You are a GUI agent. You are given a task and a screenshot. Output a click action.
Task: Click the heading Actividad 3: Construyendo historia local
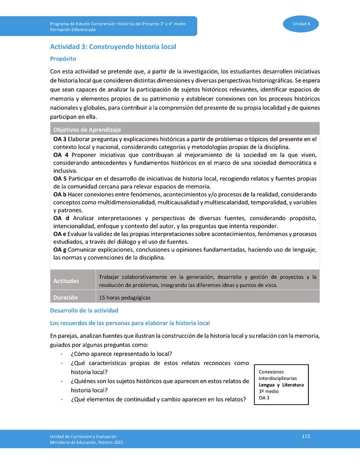click(x=113, y=46)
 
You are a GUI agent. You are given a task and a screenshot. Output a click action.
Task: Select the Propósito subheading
click(x=63, y=58)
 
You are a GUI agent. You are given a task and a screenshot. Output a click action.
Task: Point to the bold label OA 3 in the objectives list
click(x=59, y=138)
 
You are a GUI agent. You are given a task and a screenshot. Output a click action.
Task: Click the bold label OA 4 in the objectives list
click(x=60, y=155)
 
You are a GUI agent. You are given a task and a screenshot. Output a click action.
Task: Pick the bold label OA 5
click(x=59, y=178)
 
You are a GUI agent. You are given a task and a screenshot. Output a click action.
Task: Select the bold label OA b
click(x=59, y=194)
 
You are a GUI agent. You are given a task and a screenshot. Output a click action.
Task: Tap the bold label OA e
click(x=59, y=234)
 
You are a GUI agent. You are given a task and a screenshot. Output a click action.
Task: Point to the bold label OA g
click(x=59, y=249)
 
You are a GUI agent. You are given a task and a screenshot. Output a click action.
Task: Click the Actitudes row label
click(x=66, y=281)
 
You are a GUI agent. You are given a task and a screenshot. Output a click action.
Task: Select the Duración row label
click(x=65, y=297)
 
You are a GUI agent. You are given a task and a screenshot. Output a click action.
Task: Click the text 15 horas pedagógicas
click(x=124, y=297)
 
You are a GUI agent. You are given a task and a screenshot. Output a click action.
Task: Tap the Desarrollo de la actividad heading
click(x=84, y=311)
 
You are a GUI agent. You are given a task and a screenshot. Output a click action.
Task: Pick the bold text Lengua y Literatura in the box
click(x=281, y=385)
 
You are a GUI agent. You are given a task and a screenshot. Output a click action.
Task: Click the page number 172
click(x=306, y=436)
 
